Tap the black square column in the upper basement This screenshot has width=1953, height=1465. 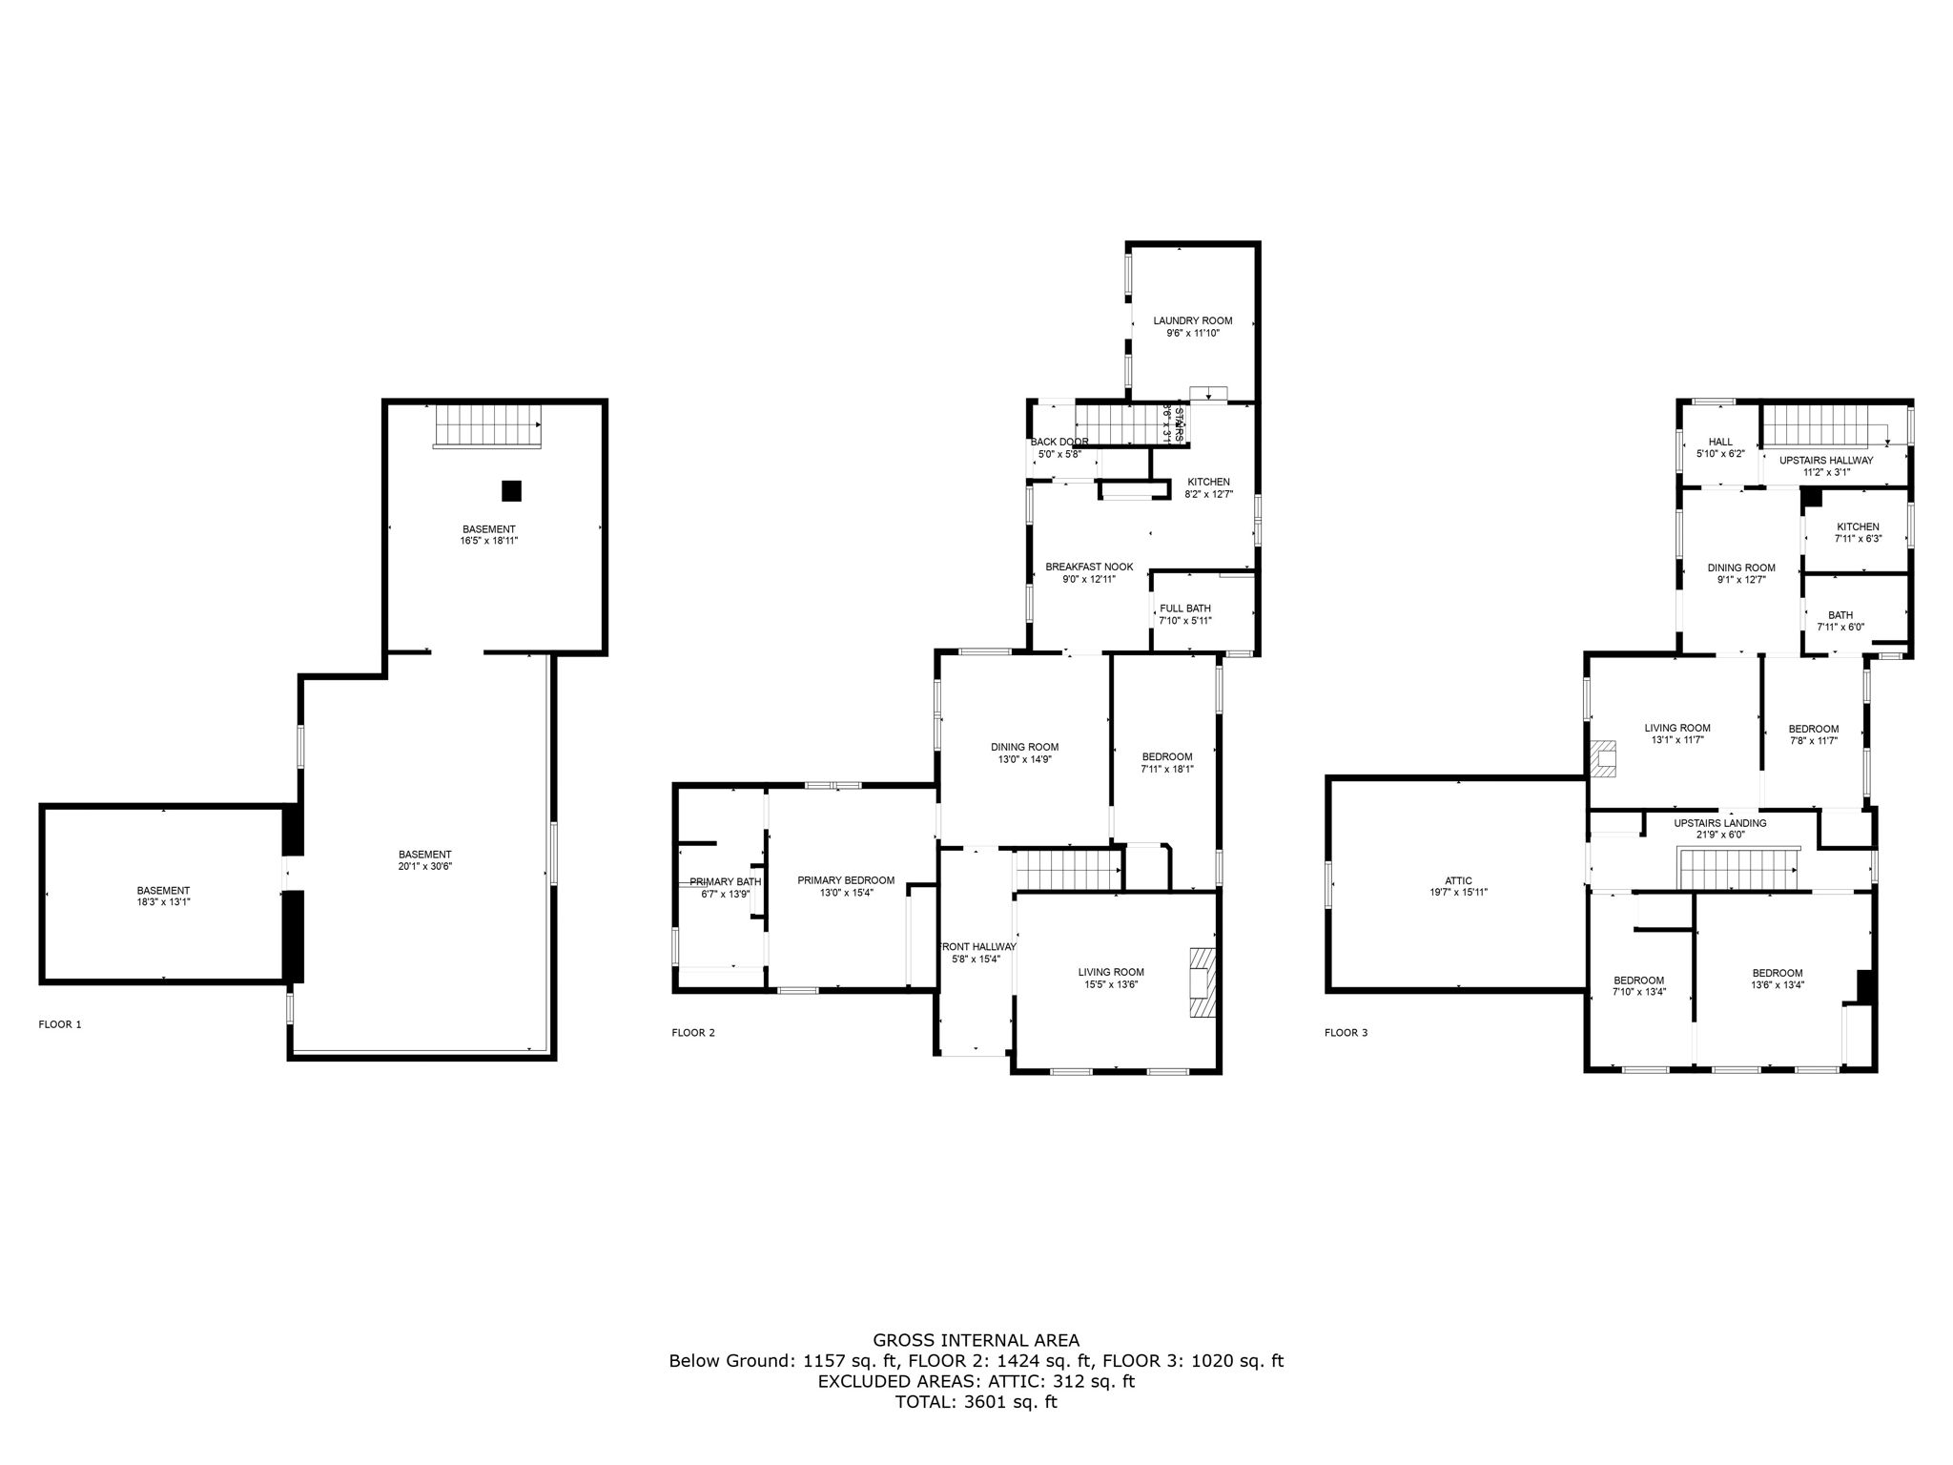click(512, 490)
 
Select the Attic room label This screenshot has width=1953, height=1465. click(1458, 880)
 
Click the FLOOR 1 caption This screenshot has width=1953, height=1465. click(60, 1024)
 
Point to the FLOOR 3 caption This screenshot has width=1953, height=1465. click(1346, 1032)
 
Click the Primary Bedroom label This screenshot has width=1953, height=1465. click(846, 880)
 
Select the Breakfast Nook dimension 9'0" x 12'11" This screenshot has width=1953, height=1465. click(1089, 579)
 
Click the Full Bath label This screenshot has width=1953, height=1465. click(1184, 609)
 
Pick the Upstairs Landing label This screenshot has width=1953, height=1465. click(1720, 823)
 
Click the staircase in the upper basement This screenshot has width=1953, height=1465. click(487, 425)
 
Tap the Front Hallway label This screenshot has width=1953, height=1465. click(978, 947)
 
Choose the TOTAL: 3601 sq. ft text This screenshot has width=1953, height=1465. click(976, 1402)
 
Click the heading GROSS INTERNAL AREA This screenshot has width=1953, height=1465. click(976, 1340)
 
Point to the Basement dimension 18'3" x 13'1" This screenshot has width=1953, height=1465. click(163, 901)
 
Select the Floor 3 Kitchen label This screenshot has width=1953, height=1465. click(1858, 526)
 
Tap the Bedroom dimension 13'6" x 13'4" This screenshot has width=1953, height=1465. click(1777, 985)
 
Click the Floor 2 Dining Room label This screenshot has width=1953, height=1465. click(1024, 747)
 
